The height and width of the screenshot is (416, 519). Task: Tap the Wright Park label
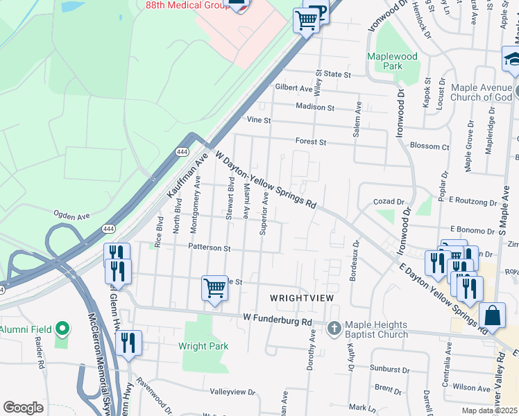point(203,346)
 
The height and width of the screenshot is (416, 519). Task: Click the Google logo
point(23,408)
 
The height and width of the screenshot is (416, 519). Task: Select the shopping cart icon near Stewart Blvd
point(214,288)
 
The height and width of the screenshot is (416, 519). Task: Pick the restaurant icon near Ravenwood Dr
point(128,343)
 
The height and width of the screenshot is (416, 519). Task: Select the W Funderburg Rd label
point(278,322)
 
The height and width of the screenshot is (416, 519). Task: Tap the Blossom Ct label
point(429,146)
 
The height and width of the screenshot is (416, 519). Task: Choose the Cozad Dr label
point(389,201)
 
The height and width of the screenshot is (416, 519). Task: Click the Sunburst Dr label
point(389,370)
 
